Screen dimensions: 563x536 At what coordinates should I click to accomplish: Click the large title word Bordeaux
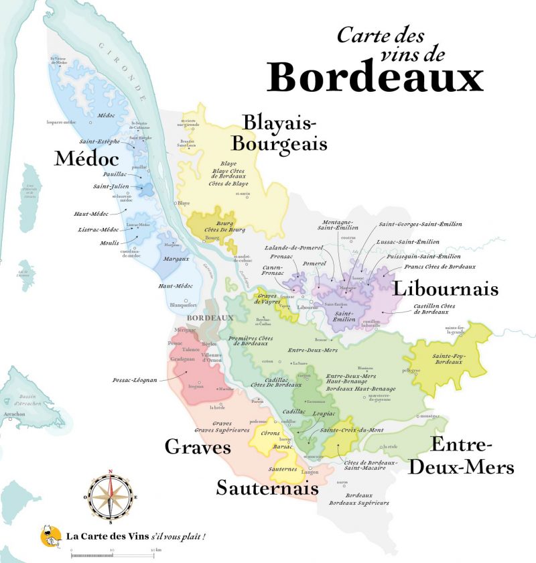[x=375, y=78]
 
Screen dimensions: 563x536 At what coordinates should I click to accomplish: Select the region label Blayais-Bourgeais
[x=285, y=133]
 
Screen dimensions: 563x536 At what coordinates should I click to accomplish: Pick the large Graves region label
[x=198, y=447]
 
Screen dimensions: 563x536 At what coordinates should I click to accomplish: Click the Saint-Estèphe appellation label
[x=99, y=142]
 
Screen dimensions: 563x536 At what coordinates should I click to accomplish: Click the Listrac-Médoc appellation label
[x=99, y=230]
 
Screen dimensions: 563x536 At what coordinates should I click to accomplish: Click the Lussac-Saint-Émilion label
[x=409, y=241]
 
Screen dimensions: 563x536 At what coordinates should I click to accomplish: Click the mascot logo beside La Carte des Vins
[x=51, y=534]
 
